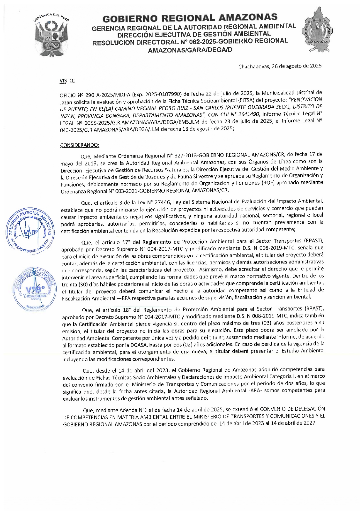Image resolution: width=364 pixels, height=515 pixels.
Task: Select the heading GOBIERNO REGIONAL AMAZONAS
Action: (x=190, y=18)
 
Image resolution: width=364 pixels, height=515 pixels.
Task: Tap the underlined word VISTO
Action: (x=67, y=81)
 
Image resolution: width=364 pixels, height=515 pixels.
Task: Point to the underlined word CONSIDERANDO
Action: (x=79, y=145)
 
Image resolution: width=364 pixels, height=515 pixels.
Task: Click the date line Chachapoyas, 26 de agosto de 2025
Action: (x=280, y=66)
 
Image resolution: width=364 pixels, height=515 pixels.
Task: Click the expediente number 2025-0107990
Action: (x=163, y=94)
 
